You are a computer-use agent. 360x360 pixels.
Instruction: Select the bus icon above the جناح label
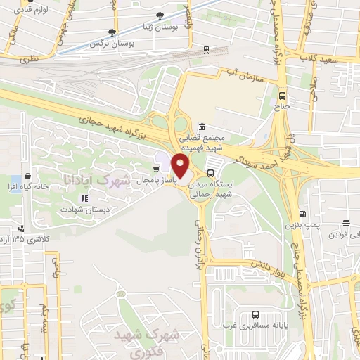click(x=282, y=96)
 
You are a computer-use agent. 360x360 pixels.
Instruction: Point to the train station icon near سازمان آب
click(x=205, y=49)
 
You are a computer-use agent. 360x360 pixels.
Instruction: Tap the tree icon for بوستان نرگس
click(x=112, y=32)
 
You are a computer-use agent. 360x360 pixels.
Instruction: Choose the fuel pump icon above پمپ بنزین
click(x=302, y=214)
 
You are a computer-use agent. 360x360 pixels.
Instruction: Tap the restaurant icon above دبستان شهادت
click(x=84, y=198)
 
